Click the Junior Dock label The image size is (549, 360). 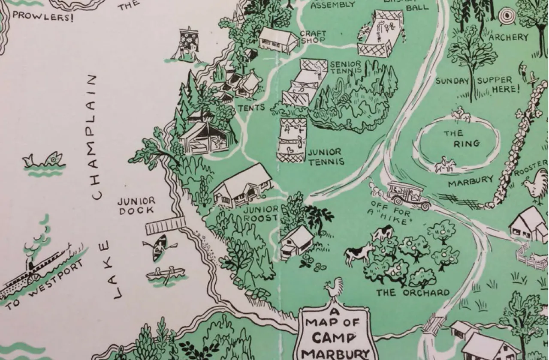[x=137, y=206]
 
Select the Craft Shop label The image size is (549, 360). [x=313, y=36]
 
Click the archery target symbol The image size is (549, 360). [x=507, y=16]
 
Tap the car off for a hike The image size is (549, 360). [x=408, y=195]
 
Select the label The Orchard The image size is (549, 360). [x=413, y=293]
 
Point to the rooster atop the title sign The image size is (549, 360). [x=335, y=288]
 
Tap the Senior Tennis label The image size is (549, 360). [x=346, y=67]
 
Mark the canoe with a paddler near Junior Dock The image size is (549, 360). [x=160, y=247]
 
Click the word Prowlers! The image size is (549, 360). [x=36, y=17]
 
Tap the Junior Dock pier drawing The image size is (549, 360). [x=166, y=225]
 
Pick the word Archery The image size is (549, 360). [x=509, y=37]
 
